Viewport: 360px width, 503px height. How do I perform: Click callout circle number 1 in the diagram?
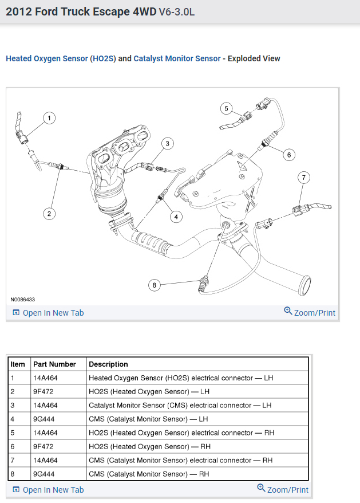(x=49, y=118)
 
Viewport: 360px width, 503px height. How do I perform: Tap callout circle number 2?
(x=50, y=214)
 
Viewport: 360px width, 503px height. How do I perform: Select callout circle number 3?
(x=167, y=143)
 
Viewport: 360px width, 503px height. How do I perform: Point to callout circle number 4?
(x=176, y=216)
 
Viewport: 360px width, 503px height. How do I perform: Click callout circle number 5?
(x=227, y=108)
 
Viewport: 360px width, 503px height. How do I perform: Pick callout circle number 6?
(x=288, y=154)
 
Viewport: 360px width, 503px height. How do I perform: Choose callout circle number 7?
(x=304, y=178)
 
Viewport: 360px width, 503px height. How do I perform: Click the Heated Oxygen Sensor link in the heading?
(x=47, y=58)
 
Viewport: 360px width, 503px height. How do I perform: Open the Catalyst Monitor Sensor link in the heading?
(x=177, y=58)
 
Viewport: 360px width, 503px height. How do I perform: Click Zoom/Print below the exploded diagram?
(x=310, y=312)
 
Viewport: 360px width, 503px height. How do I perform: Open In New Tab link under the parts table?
(x=48, y=490)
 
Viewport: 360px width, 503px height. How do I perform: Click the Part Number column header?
(x=54, y=364)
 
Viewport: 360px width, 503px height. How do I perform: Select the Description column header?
(x=108, y=364)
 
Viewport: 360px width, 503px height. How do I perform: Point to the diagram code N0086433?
(x=23, y=300)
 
